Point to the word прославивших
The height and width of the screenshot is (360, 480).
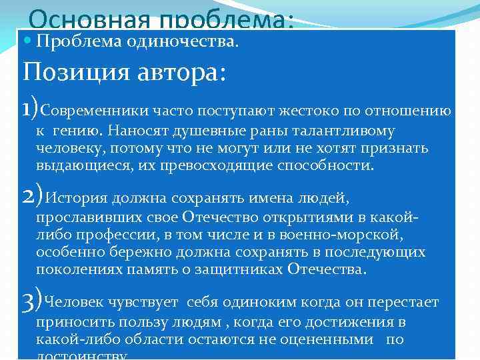pyautogui.click(x=83, y=219)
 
